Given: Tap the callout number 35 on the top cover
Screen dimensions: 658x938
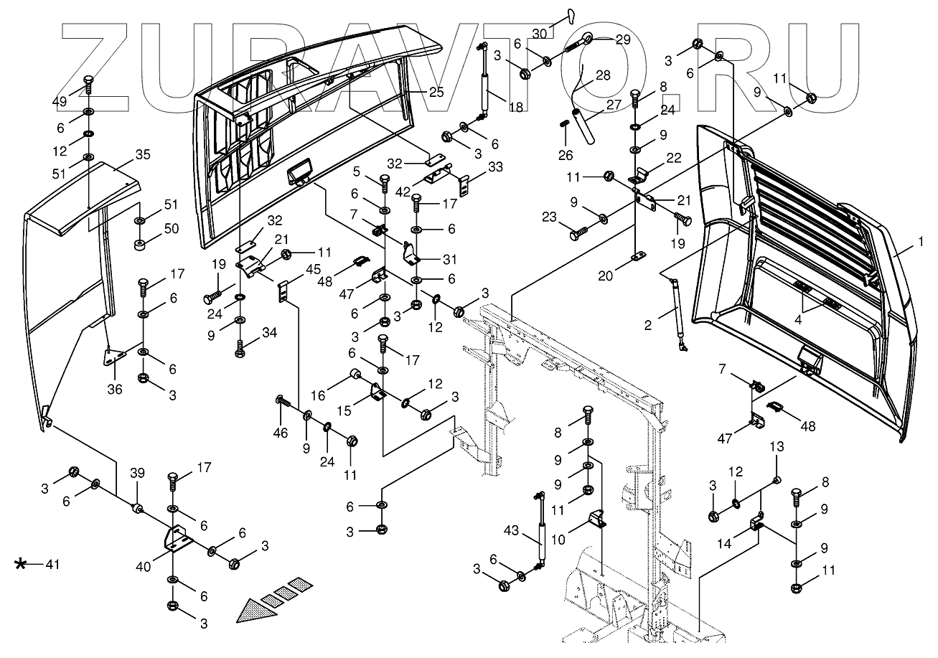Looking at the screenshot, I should click(142, 154).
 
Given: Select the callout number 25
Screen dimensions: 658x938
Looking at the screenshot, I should click(436, 92).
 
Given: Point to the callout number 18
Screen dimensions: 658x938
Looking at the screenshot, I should click(515, 105).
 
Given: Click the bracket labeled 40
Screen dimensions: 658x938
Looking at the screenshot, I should click(176, 540).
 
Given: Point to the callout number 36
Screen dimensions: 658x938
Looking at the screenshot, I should click(115, 389).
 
